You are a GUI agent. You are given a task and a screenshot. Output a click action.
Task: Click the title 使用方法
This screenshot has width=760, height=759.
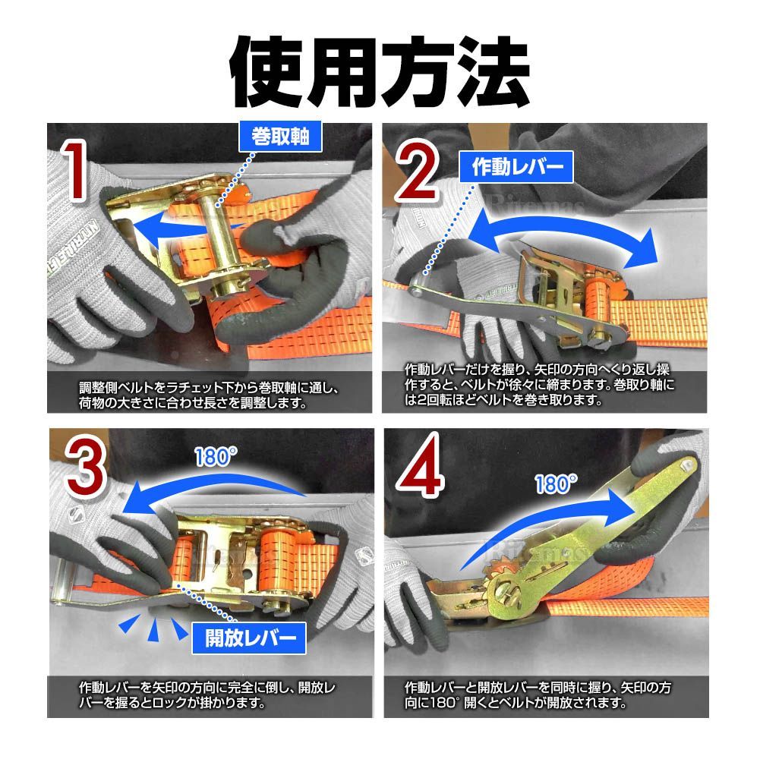[x=380, y=71]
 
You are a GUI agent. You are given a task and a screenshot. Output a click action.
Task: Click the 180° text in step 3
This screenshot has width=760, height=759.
[x=216, y=457]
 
